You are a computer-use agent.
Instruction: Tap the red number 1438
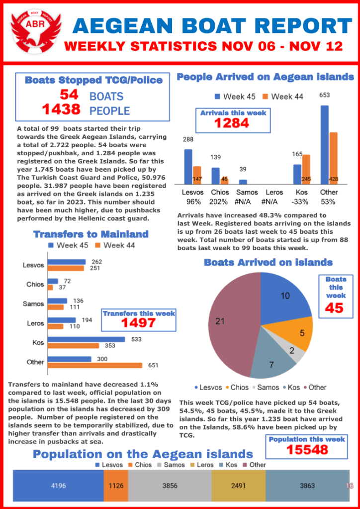coord(61,109)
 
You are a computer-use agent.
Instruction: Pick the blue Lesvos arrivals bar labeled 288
coord(188,167)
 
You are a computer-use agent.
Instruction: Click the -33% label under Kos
coord(301,202)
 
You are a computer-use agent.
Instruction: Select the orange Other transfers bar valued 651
coord(95,366)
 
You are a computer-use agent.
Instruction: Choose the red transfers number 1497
coord(138,322)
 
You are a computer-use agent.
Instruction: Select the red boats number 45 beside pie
coord(334,308)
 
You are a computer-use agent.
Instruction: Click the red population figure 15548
coord(306,450)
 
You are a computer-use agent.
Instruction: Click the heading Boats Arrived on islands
coord(268,262)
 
